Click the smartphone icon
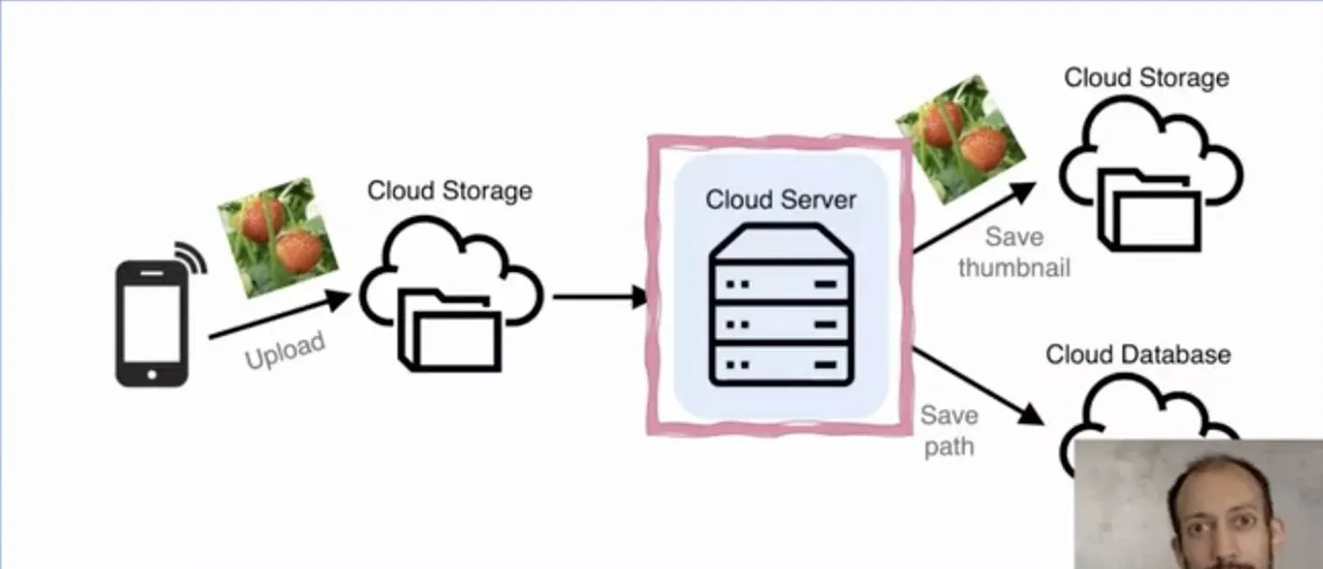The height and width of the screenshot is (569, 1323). (x=151, y=323)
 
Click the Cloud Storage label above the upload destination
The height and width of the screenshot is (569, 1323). (x=449, y=191)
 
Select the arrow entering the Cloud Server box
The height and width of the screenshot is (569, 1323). (x=600, y=297)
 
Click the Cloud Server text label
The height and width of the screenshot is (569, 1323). (x=781, y=199)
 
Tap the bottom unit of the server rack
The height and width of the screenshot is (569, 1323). (x=781, y=362)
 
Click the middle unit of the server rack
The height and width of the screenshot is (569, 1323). (x=781, y=323)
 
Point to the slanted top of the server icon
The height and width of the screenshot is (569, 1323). (x=781, y=240)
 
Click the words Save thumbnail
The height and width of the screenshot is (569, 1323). (x=1014, y=252)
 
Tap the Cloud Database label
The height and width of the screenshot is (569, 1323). (x=1138, y=355)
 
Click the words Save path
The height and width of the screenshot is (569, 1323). (x=949, y=431)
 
